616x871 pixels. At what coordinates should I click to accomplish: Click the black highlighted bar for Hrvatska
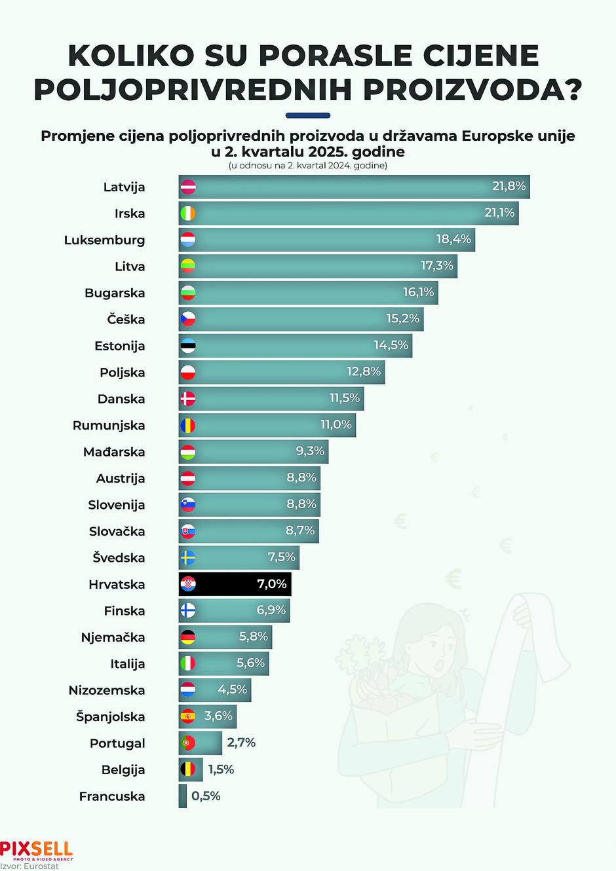(235, 584)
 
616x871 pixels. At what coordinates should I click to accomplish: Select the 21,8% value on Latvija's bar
(509, 187)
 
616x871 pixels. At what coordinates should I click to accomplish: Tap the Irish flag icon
(188, 213)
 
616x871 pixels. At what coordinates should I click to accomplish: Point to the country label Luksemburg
(104, 240)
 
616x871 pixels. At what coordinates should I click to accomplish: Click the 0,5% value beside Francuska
(206, 796)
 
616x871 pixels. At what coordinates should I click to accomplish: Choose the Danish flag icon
(188, 399)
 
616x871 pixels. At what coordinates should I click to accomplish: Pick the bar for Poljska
(282, 372)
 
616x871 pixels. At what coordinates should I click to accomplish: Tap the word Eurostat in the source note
(40, 866)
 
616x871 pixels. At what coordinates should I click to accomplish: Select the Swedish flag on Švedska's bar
(188, 558)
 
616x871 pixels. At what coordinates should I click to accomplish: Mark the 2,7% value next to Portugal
(241, 743)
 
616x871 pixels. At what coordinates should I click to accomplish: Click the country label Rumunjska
(109, 426)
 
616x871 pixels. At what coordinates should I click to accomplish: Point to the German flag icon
(188, 637)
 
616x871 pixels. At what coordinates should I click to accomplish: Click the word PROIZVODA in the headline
(472, 90)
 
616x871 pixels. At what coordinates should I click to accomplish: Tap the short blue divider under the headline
(308, 115)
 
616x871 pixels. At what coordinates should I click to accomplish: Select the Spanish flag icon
(188, 716)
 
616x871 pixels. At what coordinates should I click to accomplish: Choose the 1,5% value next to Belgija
(221, 769)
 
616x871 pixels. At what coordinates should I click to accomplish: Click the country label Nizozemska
(107, 690)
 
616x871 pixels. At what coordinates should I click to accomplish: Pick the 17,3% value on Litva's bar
(436, 266)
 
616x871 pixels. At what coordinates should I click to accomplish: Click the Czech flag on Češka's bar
(188, 320)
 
